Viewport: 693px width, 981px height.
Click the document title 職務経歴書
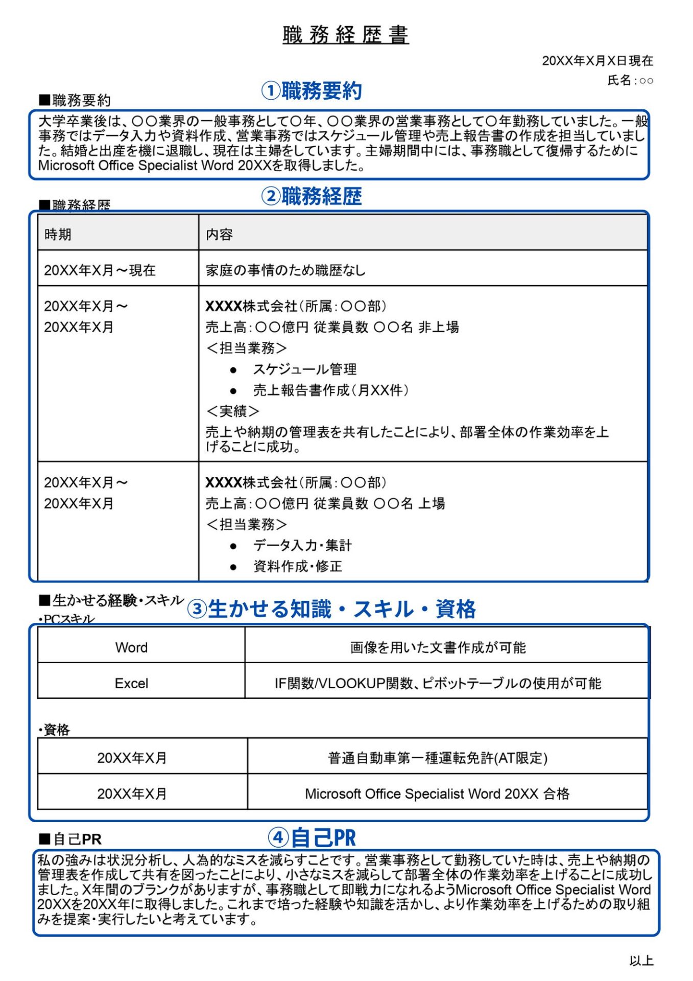coord(346,35)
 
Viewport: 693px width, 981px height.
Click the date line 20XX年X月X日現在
coord(597,61)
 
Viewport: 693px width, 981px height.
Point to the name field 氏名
coord(630,80)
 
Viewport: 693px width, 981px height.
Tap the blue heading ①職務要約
coord(312,91)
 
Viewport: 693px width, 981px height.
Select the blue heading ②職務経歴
coord(312,196)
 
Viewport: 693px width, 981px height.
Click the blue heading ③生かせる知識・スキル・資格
coord(331,609)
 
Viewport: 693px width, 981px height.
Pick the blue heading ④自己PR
coord(312,837)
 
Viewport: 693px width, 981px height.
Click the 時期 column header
coord(58,235)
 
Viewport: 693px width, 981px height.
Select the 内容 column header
coord(219,235)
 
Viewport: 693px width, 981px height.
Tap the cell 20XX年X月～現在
coord(100,270)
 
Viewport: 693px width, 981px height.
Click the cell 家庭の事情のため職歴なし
coord(285,270)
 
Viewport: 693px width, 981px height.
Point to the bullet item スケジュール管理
coord(305,369)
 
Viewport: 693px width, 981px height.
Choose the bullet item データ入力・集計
coord(302,546)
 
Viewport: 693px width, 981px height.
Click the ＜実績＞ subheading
coord(232,411)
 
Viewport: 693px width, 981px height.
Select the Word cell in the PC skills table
coord(131,647)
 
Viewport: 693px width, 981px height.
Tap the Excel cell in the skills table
coord(131,683)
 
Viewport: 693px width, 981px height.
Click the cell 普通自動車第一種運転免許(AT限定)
coord(438,758)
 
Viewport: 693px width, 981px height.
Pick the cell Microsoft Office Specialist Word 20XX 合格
coord(437,793)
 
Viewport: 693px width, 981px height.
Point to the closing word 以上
coord(641,961)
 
